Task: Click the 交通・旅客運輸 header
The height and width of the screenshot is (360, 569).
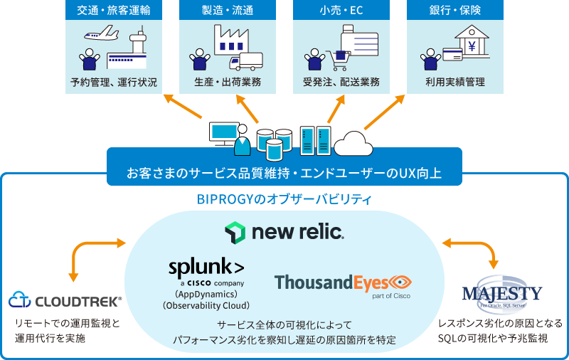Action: point(113,10)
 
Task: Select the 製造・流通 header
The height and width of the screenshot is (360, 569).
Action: point(227,10)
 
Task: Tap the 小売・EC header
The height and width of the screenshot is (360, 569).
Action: point(341,10)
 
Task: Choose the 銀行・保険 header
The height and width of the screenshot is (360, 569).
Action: point(454,10)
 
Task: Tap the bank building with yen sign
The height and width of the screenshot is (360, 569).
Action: point(471,43)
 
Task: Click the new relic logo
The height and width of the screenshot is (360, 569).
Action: point(284,232)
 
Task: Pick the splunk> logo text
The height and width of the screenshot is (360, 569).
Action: point(206,268)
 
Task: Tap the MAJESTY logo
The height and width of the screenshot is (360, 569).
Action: point(502,293)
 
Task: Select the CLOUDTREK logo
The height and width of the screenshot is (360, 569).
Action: point(65,300)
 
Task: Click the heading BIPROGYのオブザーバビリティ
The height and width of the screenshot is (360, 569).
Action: point(284,198)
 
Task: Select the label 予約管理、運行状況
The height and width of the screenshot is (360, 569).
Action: point(114,82)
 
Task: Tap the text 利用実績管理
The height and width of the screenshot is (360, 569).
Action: point(454,82)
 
